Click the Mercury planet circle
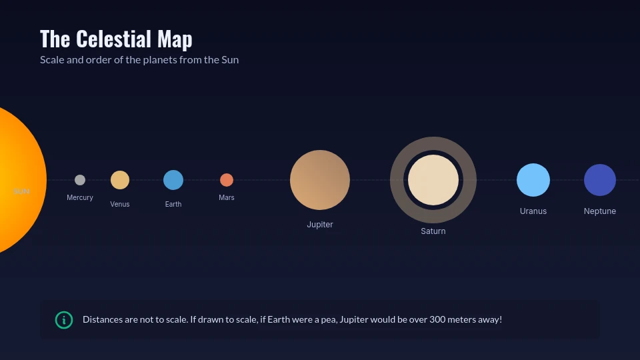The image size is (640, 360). click(80, 180)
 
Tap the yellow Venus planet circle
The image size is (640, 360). click(120, 180)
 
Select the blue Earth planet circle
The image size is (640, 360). click(173, 180)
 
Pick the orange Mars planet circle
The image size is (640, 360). click(227, 180)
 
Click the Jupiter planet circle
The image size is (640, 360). click(320, 180)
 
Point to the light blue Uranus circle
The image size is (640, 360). click(533, 180)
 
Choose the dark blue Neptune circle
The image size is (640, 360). click(600, 180)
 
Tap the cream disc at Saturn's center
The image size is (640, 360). click(433, 180)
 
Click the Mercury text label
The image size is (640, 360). click(80, 198)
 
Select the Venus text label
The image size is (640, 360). click(120, 205)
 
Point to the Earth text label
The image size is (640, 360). click(173, 205)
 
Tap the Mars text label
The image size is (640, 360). click(227, 198)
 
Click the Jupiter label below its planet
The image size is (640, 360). click(320, 225)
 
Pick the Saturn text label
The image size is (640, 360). click(433, 231)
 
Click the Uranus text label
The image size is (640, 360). click(533, 211)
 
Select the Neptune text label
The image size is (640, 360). click(600, 211)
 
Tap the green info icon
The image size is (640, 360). click(64, 320)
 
